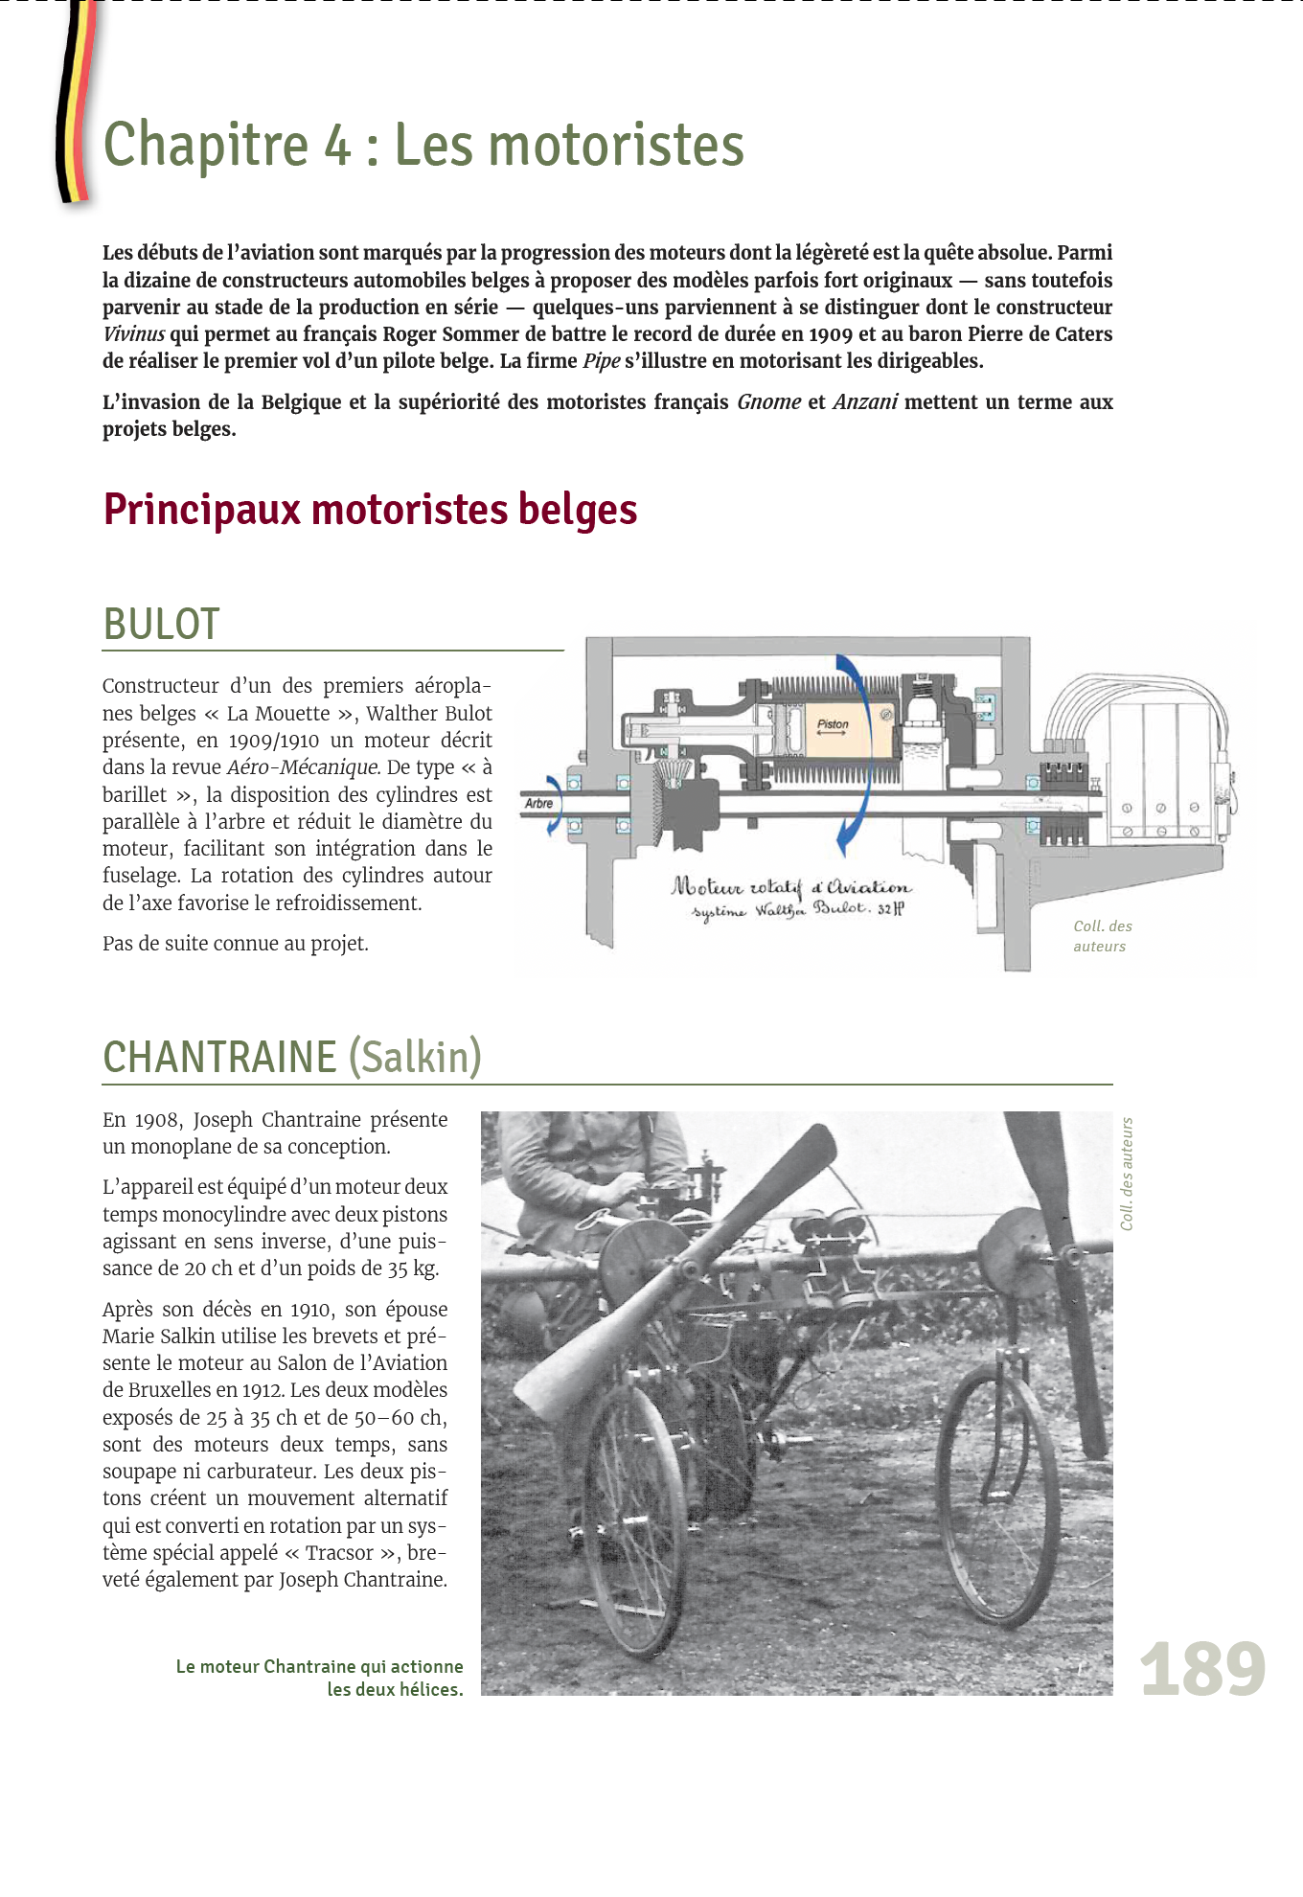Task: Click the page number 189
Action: coord(1202,1669)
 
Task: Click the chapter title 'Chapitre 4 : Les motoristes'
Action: coord(423,145)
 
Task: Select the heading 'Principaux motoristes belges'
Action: coord(370,509)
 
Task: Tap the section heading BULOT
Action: coord(161,624)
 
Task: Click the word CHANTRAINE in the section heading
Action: coord(219,1057)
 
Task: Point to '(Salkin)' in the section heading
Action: coord(415,1057)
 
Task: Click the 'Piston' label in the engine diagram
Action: coord(833,724)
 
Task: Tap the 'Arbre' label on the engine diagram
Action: coord(538,803)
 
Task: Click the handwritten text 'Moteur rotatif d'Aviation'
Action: coord(791,886)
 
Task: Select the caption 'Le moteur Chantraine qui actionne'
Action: coord(319,1666)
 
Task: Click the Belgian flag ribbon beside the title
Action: coord(75,105)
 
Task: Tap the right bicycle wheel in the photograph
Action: coord(996,1495)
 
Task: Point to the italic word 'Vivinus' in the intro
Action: coord(133,334)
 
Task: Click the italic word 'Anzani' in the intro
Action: coord(864,402)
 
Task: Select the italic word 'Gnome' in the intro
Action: coord(768,402)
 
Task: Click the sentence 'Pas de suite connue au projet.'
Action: coord(236,944)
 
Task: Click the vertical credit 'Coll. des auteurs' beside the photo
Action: coord(1127,1174)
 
